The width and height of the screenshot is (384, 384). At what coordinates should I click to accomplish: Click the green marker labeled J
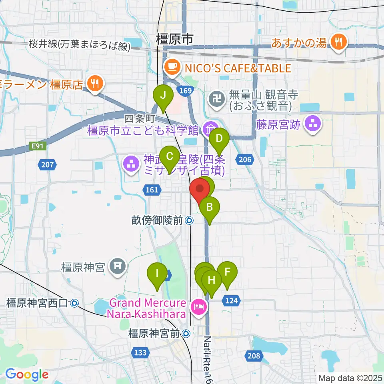click(163, 96)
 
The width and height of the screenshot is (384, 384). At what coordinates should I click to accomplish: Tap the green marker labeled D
click(219, 139)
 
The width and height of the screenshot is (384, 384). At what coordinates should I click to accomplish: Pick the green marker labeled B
click(209, 207)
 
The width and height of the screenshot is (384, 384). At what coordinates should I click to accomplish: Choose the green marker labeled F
click(227, 272)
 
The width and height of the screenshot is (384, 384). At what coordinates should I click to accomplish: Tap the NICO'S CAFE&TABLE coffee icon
click(172, 67)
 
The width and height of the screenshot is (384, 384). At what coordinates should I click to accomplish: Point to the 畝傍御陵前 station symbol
click(189, 220)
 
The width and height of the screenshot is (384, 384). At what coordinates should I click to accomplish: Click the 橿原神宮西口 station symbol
click(74, 303)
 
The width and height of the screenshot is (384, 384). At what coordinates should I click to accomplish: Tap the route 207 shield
click(48, 164)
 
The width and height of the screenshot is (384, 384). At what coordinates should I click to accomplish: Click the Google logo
click(27, 375)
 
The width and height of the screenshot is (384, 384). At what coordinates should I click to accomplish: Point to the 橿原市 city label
click(174, 39)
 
